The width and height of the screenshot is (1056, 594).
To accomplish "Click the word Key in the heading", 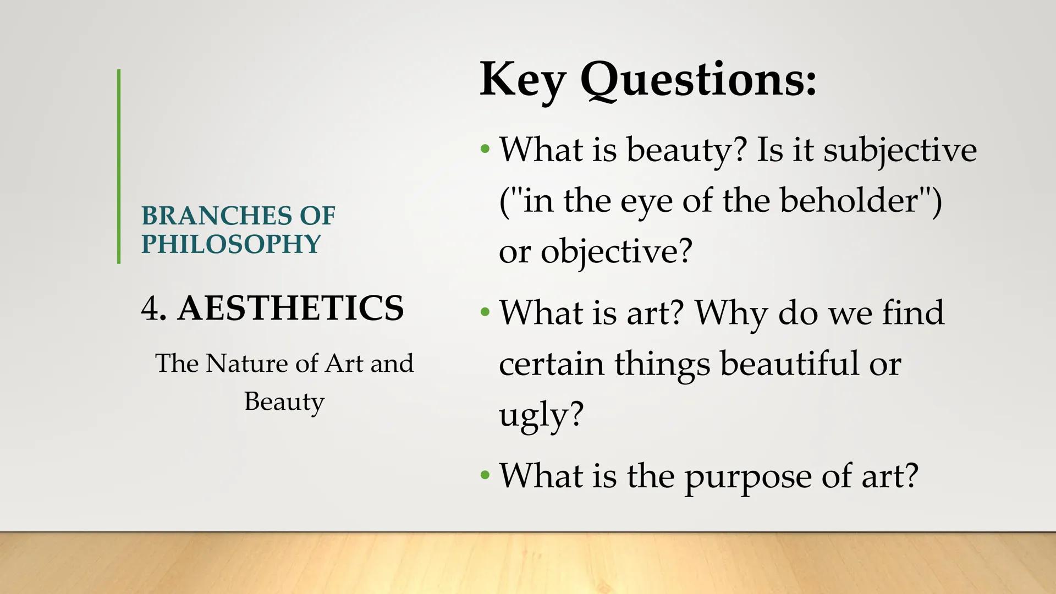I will point(522,80).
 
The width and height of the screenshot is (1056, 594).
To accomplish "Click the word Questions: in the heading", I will point(698,80).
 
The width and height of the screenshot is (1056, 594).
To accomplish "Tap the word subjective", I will point(900,150).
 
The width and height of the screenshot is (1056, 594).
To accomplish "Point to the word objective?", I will point(616,252).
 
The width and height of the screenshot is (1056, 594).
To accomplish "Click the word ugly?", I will point(541,414).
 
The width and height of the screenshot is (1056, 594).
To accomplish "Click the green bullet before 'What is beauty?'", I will point(485,149).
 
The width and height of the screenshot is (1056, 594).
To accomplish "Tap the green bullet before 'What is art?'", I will point(485,312).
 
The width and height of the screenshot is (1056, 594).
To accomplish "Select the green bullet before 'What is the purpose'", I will point(485,475).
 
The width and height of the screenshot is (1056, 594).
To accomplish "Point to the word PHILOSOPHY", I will point(230,244).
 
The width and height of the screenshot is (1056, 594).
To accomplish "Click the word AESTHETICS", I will point(290,308).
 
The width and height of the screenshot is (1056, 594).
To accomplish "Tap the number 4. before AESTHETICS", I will point(153,308).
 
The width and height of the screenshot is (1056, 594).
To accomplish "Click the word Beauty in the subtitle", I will point(284,402).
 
